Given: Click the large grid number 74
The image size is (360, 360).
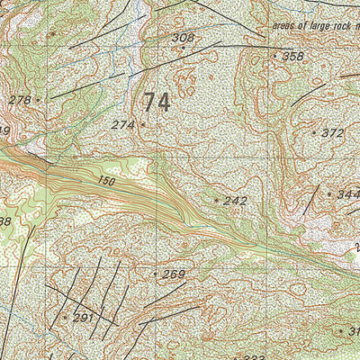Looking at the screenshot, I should point(156,102).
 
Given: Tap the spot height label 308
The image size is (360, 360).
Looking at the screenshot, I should point(183,38).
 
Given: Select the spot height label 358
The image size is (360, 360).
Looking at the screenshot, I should point(292,57).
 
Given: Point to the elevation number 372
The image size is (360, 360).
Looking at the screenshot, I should point(333,133).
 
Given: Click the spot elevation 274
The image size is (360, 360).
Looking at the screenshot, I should point(123,125).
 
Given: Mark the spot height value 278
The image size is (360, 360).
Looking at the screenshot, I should point(19,100).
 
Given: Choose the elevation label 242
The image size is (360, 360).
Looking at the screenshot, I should point(235,201).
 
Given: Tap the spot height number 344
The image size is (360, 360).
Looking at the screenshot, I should point(346,193).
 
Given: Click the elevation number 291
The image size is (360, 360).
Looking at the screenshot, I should point(83,318).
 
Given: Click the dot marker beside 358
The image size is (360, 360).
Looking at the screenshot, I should point(274,56).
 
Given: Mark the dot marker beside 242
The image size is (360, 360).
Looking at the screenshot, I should point(217,200).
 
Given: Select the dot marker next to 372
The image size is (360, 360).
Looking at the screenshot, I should point(315,133).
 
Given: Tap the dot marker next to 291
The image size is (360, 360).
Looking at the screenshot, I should point(65,317).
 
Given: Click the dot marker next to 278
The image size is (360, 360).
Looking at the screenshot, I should point(38,100).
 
